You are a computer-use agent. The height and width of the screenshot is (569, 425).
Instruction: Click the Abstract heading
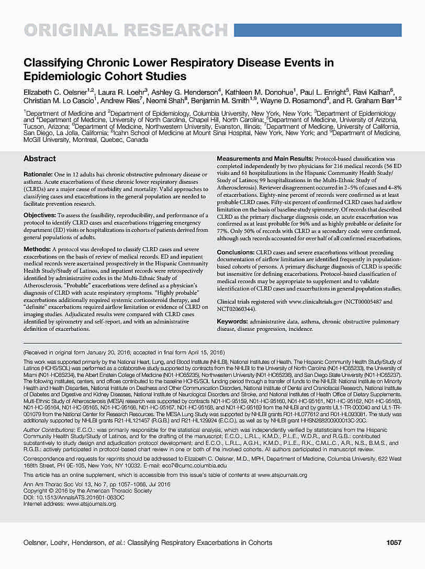click(40, 159)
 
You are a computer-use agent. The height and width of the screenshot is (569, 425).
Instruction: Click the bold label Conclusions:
click(236, 252)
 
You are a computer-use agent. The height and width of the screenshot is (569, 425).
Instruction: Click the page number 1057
click(393, 543)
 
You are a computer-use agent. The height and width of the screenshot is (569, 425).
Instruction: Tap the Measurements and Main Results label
click(263, 158)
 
